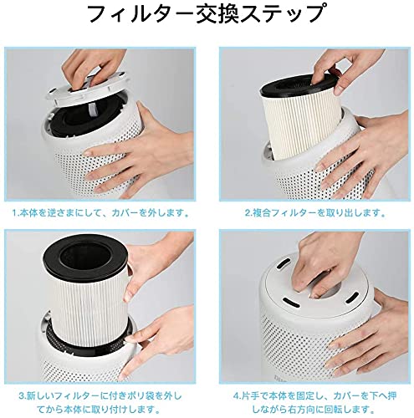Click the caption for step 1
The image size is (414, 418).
[x=100, y=213]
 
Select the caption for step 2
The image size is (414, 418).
[x=315, y=213]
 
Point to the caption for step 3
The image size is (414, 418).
[x=100, y=402]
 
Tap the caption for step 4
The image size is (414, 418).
[x=314, y=402]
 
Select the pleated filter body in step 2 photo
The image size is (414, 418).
[x=304, y=125]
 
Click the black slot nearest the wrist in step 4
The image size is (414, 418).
[x=352, y=298]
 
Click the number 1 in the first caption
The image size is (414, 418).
[x=15, y=213]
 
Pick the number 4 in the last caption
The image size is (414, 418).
[x=236, y=396]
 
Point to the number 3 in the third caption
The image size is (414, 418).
[x=22, y=396]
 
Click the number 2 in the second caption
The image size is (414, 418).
[x=248, y=213]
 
